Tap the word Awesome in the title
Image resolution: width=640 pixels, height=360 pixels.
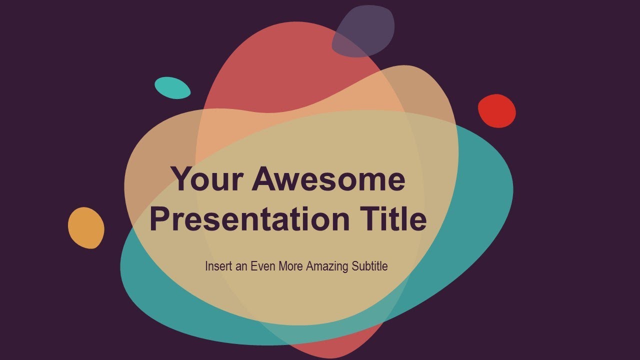pyautogui.click(x=328, y=179)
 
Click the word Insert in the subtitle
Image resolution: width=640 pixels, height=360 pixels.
pyautogui.click(x=218, y=266)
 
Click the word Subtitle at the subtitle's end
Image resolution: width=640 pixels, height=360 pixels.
pyautogui.click(x=369, y=266)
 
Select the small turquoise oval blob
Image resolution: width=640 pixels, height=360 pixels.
pyautogui.click(x=172, y=88)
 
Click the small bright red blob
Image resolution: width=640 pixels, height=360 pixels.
pyautogui.click(x=496, y=111)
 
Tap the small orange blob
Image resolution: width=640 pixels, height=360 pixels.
pyautogui.click(x=86, y=228)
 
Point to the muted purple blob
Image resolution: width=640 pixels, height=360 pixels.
pyautogui.click(x=363, y=31)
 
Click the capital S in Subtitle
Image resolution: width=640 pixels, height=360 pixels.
pyautogui.click(x=354, y=266)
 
